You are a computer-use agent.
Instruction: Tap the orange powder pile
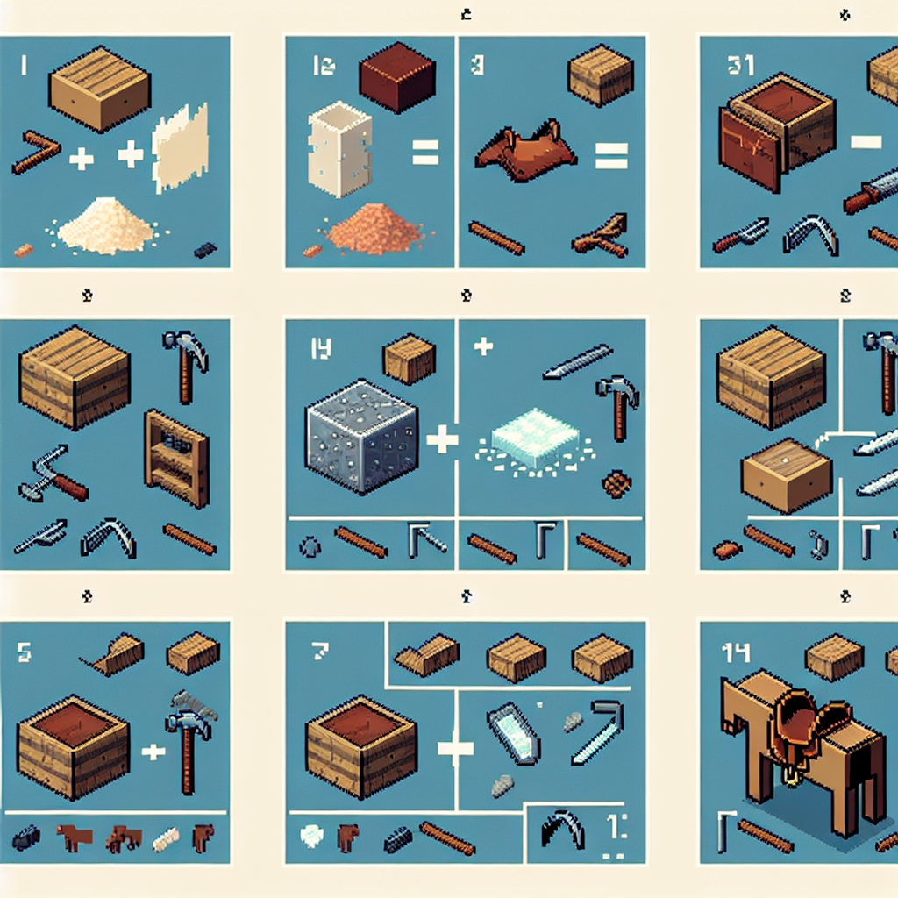pyautogui.click(x=374, y=231)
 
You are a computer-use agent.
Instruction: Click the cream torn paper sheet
pyautogui.click(x=181, y=147)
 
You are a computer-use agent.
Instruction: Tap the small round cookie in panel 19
pyautogui.click(x=616, y=483)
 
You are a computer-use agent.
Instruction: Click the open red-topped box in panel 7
pyautogui.click(x=360, y=741)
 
